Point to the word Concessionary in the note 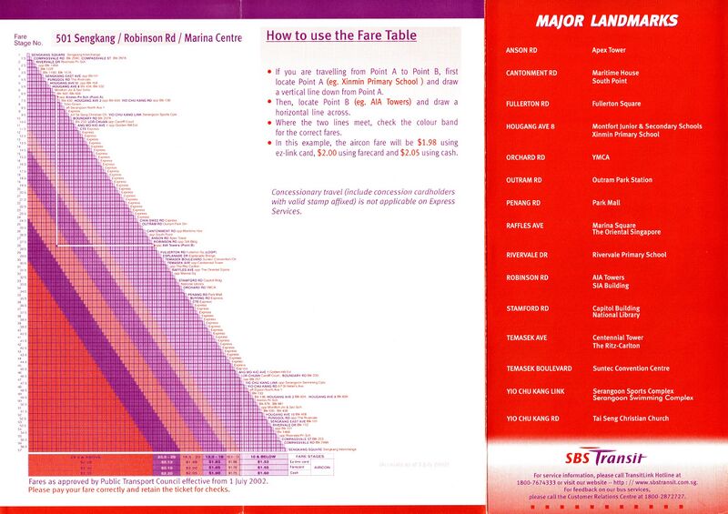(303, 192)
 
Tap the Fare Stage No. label (27, 39)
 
